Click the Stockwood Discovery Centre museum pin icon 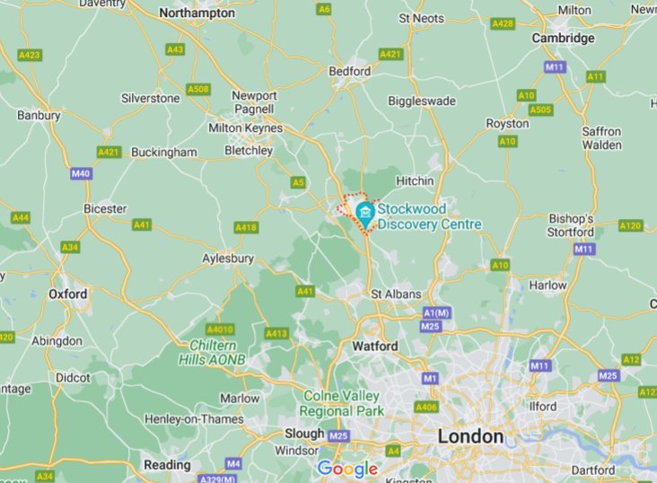click(364, 212)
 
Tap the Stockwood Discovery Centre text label click(429, 216)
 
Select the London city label click(469, 436)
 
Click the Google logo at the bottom click(347, 469)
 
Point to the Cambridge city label click(563, 38)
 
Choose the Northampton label click(197, 13)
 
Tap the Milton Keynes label click(245, 128)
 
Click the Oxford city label click(67, 294)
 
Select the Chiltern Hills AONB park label click(217, 352)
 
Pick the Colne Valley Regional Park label click(343, 403)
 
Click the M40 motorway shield click(81, 173)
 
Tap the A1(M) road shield click(435, 312)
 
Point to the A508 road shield click(197, 89)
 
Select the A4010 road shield click(219, 329)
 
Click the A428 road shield click(503, 23)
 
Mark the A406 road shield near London click(425, 407)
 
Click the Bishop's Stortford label click(571, 225)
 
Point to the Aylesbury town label click(228, 259)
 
